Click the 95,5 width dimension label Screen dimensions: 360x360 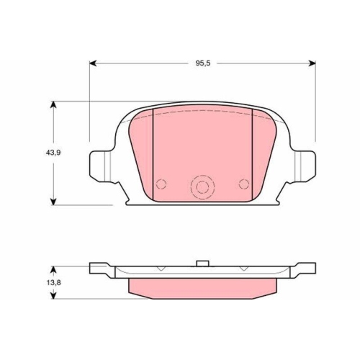[x=202, y=63]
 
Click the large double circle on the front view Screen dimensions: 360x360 [x=202, y=188]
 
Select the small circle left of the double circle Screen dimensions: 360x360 [x=161, y=183]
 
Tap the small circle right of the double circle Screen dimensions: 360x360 [x=243, y=183]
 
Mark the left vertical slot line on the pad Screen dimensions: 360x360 [x=154, y=155]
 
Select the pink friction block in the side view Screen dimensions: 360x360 [x=202, y=286]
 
